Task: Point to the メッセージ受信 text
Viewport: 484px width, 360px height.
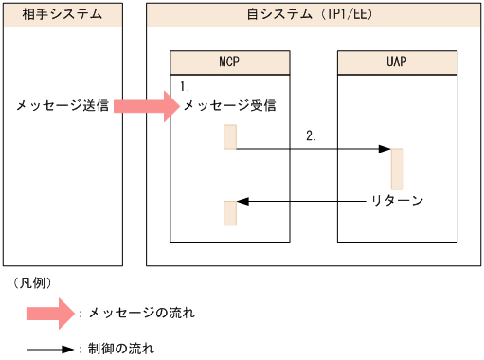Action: pyautogui.click(x=229, y=105)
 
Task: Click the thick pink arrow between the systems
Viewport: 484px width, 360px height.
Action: pyautogui.click(x=145, y=105)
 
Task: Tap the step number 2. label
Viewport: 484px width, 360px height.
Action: pyautogui.click(x=312, y=135)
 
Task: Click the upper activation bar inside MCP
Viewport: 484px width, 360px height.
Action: pyautogui.click(x=229, y=136)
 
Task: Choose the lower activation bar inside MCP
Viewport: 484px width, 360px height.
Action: pyautogui.click(x=229, y=213)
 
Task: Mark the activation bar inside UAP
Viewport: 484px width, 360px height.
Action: pyautogui.click(x=397, y=169)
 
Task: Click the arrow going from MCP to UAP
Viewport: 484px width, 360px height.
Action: pyautogui.click(x=313, y=149)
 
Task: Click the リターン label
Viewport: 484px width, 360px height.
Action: pyautogui.click(x=396, y=201)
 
